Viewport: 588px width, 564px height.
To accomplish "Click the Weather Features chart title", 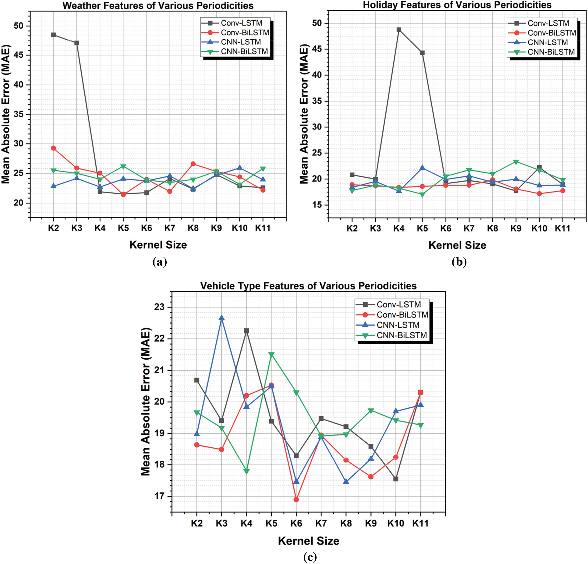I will [158, 5].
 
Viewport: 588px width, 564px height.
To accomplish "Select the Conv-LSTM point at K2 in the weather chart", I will [53, 35].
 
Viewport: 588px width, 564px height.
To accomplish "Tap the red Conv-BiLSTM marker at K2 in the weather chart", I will [53, 148].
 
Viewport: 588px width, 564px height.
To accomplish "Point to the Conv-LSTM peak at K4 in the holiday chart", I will [399, 30].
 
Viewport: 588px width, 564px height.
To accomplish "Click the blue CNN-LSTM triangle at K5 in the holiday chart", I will [422, 168].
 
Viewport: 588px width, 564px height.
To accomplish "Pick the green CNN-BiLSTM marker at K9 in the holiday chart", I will [516, 162].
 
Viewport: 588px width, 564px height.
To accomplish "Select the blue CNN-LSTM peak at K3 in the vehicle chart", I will [221, 318].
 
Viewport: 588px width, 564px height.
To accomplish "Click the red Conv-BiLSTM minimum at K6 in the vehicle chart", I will [296, 500].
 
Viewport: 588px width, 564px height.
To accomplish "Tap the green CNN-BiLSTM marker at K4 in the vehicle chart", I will [246, 471].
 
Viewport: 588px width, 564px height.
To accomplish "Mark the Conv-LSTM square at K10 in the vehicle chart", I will [396, 479].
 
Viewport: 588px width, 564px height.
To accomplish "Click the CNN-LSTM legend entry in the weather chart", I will [241, 42].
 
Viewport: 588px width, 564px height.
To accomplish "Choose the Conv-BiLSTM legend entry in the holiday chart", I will [551, 33].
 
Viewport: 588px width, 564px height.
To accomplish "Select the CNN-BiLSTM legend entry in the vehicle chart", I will [402, 335].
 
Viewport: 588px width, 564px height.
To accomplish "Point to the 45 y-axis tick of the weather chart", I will [19, 55].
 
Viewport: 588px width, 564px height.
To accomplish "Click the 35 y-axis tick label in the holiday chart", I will [317, 101].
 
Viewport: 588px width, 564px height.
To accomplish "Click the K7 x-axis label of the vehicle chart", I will [321, 523].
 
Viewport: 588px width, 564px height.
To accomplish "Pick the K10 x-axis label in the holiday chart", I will [539, 228].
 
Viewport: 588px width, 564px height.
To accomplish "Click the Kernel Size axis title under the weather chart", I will [158, 245].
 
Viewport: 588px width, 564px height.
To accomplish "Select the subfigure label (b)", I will [459, 262].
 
